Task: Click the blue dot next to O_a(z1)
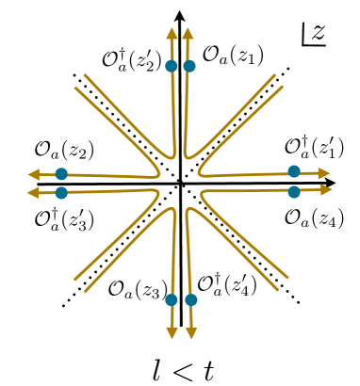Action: tap(189, 66)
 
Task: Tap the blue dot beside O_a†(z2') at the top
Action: tap(171, 66)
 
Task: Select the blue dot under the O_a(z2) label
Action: tap(61, 173)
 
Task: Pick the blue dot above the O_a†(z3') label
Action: tap(61, 192)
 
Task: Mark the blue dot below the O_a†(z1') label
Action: tap(294, 171)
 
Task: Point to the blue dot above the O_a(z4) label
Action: tap(294, 192)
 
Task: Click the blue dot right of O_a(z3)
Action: tap(171, 299)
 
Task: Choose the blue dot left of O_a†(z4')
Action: tap(190, 299)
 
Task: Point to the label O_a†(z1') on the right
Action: tap(314, 149)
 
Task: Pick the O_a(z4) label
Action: tap(314, 218)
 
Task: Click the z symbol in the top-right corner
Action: tap(315, 33)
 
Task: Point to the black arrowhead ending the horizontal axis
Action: tap(336, 182)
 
